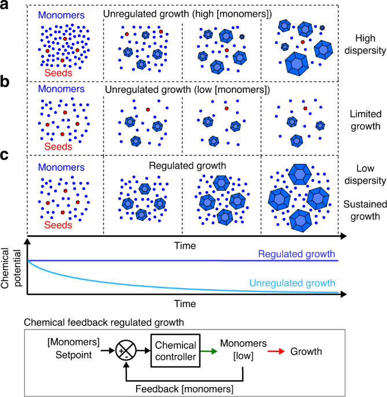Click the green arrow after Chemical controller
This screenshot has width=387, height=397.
tap(211, 351)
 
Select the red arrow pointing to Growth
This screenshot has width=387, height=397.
tap(274, 351)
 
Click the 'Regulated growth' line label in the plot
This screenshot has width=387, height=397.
tap(297, 254)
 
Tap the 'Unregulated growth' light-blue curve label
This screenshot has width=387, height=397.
tap(292, 283)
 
